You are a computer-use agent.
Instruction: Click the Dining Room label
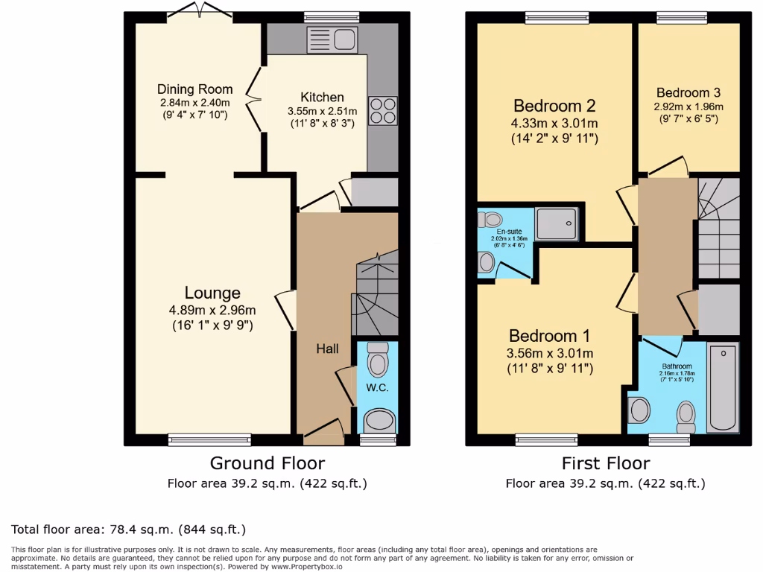[x=194, y=89]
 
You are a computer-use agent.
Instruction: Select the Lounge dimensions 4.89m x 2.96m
[x=212, y=311]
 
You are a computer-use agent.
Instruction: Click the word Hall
[x=327, y=349]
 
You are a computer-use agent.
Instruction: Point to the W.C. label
[x=377, y=388]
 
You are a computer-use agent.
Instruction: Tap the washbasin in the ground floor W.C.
[x=379, y=421]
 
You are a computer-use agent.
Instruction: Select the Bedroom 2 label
[x=554, y=105]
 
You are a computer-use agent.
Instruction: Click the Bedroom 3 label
[x=688, y=93]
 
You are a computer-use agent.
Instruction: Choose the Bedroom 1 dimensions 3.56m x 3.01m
[x=551, y=353]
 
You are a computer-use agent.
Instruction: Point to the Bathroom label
[x=677, y=366]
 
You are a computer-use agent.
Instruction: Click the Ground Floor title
[x=267, y=463]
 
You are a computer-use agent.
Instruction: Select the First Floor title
[x=605, y=463]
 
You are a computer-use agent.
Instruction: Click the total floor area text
[x=128, y=530]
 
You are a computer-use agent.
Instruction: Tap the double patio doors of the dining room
[x=199, y=12]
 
